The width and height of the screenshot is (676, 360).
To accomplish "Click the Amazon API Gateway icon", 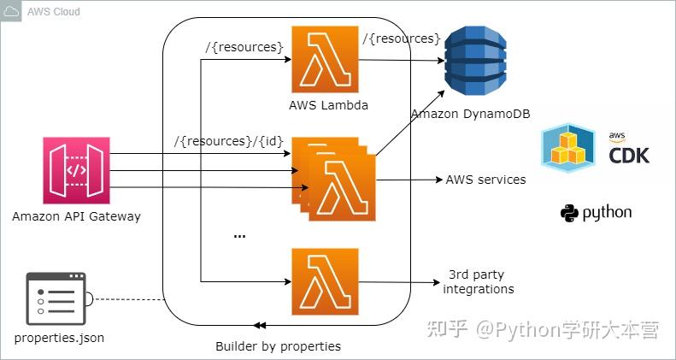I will coord(77,171).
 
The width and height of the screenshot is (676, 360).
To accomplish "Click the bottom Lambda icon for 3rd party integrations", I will coord(324,283).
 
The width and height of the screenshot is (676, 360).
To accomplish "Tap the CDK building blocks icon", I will coord(568,147).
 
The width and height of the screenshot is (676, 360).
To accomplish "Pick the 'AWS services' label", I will coord(485,180).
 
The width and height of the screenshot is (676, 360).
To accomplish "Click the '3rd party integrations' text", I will coord(479,283).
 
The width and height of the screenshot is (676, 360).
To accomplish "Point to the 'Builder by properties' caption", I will coord(278,346).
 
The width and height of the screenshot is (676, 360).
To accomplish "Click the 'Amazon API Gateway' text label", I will coord(76,216).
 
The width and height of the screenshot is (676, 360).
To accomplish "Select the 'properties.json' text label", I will coord(59,338).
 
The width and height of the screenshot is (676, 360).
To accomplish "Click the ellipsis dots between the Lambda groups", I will coord(239,235).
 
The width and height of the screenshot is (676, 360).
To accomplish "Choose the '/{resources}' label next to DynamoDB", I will coord(401,38).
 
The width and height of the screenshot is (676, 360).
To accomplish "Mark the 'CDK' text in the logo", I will coord(628,155).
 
